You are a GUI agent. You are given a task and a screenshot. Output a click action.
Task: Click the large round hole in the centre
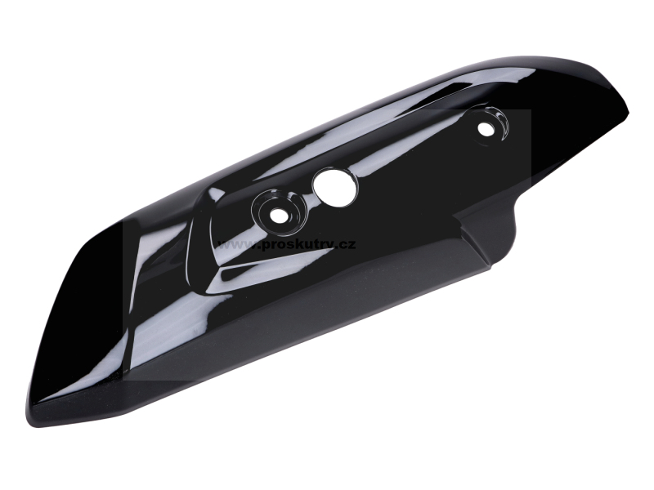tap(335, 188)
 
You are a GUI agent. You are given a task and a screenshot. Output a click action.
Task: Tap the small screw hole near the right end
tap(485, 129)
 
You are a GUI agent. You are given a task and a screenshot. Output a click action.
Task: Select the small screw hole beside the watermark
tap(279, 216)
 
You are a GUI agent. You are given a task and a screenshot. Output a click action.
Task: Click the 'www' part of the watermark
tap(235, 244)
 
